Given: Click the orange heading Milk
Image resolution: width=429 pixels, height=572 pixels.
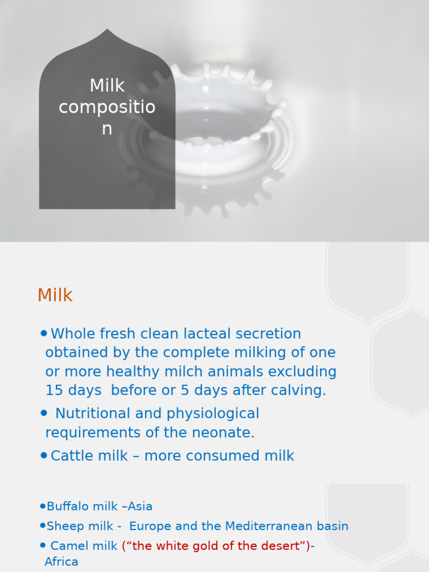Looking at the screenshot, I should [55, 295].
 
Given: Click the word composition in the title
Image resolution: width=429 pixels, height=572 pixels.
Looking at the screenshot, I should [107, 107].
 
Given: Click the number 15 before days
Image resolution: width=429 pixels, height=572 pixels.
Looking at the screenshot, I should [54, 390].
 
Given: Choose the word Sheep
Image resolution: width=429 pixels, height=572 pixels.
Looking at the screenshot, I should [61, 526].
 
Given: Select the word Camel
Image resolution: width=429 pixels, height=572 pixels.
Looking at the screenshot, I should [66, 546].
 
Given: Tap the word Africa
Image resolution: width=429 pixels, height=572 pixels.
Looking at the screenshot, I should [61, 562].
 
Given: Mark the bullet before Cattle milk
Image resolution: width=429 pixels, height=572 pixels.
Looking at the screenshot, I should [44, 455].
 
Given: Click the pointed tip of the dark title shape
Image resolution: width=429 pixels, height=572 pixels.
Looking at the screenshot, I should [107, 30].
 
